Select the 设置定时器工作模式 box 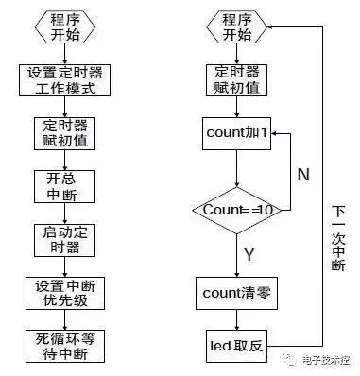(x=65, y=81)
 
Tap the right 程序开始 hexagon (x=237, y=27)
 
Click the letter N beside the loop (x=303, y=174)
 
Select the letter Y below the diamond (x=249, y=254)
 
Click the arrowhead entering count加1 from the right (x=277, y=134)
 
